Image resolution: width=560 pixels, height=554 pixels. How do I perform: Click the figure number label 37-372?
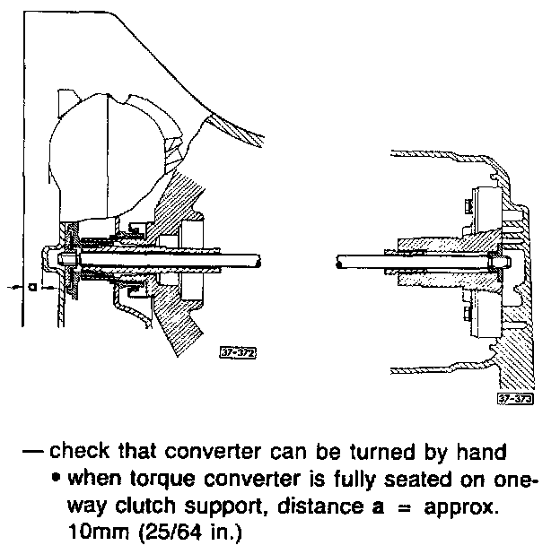tap(238, 353)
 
